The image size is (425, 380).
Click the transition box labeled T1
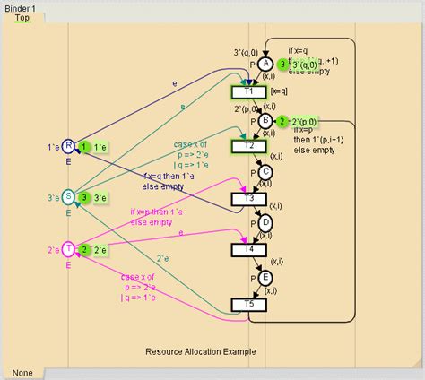[249, 91]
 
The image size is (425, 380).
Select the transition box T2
[249, 145]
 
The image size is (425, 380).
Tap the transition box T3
[249, 198]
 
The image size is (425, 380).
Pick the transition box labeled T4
[249, 251]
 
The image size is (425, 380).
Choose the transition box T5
[249, 305]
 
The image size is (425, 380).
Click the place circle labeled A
[265, 65]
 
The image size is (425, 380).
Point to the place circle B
[265, 120]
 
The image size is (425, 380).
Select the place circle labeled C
[265, 172]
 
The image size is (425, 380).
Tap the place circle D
[265, 224]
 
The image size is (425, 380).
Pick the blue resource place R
[68, 146]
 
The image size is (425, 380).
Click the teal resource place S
[68, 197]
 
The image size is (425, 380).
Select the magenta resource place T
[68, 249]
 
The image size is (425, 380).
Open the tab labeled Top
[22, 17]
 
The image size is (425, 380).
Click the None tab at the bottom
[23, 371]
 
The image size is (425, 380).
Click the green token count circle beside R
[83, 146]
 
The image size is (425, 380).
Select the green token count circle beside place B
[282, 121]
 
